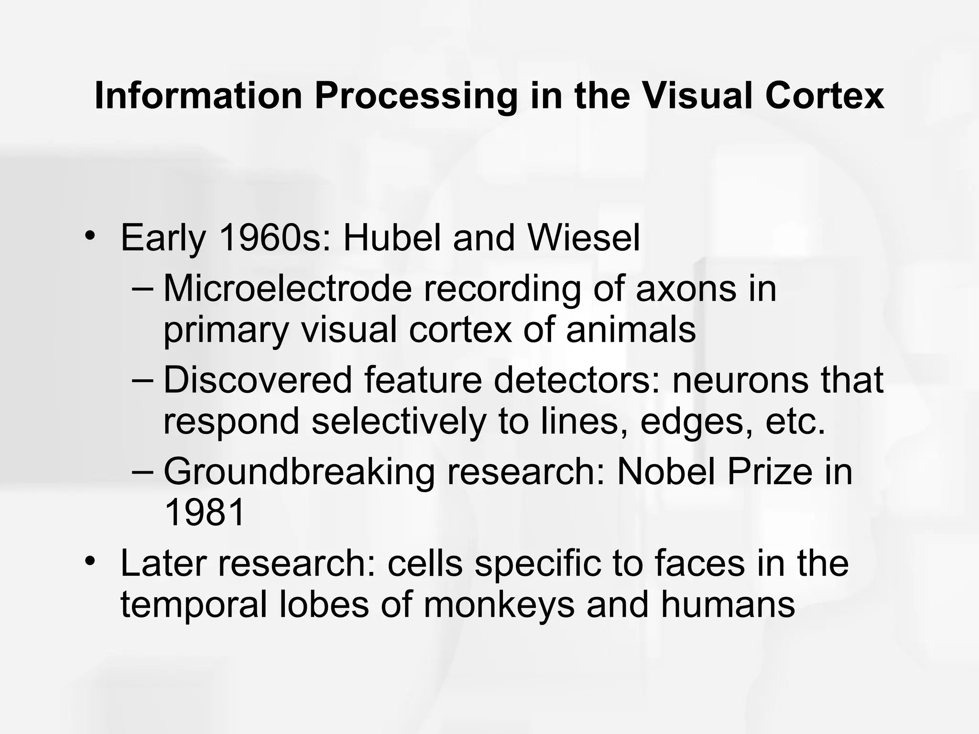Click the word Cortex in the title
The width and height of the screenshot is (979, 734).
coord(824,96)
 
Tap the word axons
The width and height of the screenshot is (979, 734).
coord(686,289)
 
